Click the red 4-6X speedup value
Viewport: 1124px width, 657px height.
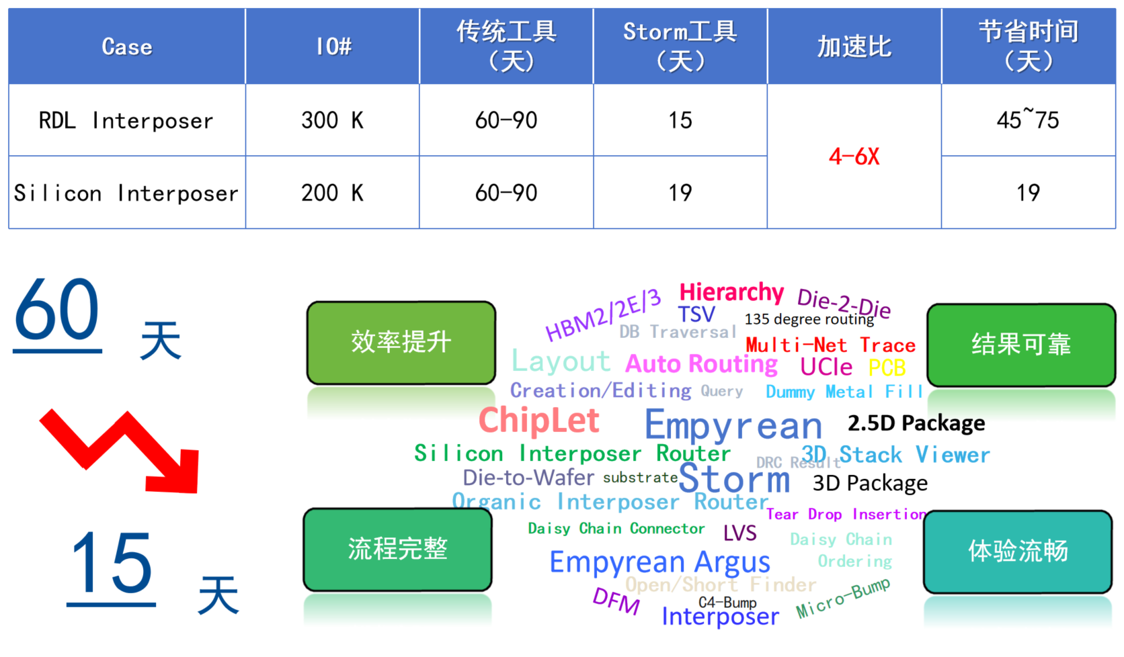click(854, 157)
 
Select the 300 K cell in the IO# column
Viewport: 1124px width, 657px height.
click(332, 121)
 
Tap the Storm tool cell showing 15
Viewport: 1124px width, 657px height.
click(680, 121)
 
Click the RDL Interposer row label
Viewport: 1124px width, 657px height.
click(126, 121)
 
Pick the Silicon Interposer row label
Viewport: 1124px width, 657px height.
click(126, 193)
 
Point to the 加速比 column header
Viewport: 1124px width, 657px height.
click(854, 47)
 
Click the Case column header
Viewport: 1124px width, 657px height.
click(126, 47)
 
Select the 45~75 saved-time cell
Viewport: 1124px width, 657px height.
click(1027, 121)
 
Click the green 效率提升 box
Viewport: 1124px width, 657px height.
click(401, 343)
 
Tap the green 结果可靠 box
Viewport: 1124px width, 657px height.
click(1020, 345)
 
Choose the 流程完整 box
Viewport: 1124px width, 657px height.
click(397, 550)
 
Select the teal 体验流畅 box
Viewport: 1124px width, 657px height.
click(1018, 552)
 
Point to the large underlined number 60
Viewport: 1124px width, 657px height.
click(57, 310)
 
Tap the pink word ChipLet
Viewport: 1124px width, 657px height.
click(538, 421)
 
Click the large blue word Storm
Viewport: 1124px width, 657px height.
click(734, 479)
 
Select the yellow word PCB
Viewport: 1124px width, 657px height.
click(887, 368)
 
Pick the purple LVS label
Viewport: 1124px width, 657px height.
click(739, 533)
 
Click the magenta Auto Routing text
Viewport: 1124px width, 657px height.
click(701, 364)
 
